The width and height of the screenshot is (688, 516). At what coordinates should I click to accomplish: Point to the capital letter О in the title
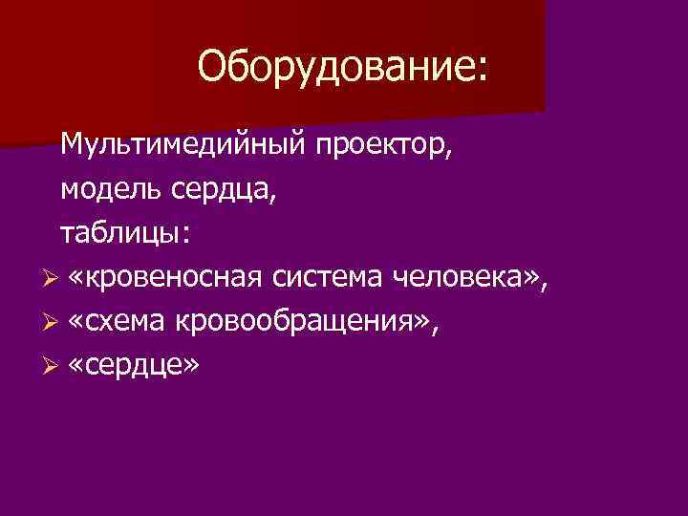[212, 67]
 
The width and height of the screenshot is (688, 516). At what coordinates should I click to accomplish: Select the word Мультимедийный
[182, 145]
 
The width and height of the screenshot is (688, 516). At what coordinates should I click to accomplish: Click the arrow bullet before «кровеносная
[52, 278]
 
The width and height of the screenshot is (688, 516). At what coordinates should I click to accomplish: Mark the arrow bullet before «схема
[52, 322]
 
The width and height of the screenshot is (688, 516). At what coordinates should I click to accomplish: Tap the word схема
[127, 322]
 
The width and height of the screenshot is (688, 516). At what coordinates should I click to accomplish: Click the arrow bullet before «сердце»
[52, 366]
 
